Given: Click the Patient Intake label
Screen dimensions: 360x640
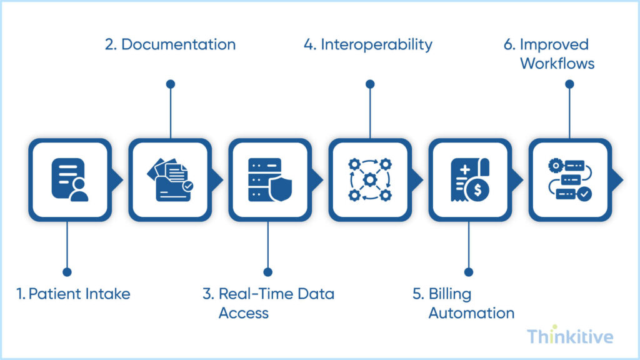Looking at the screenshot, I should coord(74,294).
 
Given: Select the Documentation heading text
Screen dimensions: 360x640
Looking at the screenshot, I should coord(170,45).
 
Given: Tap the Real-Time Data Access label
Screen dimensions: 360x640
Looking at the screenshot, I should coord(268,302).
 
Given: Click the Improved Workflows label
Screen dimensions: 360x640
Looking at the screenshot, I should coord(548,54).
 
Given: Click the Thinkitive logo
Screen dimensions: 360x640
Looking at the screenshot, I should coord(569,336).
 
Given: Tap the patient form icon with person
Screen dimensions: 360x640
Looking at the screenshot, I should coord(70,180).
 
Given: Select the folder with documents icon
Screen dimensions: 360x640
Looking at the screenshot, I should coord(170,180).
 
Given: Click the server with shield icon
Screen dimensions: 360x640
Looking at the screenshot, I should coord(269,180).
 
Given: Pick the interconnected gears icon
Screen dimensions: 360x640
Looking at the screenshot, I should coord(370,180).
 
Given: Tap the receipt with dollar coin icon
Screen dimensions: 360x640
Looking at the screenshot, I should coord(469,180).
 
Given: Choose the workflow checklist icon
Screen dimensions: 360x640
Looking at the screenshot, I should coord(569,180).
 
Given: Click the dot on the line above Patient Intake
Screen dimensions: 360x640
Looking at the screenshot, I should coord(67,272).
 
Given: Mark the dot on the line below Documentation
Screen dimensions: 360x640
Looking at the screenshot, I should coord(170,84).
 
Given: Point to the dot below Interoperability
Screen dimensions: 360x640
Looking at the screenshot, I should coord(370,84).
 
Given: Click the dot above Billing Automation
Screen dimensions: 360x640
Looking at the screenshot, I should coord(469,272).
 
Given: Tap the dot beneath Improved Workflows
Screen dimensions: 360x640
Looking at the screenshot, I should coord(569,84).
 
